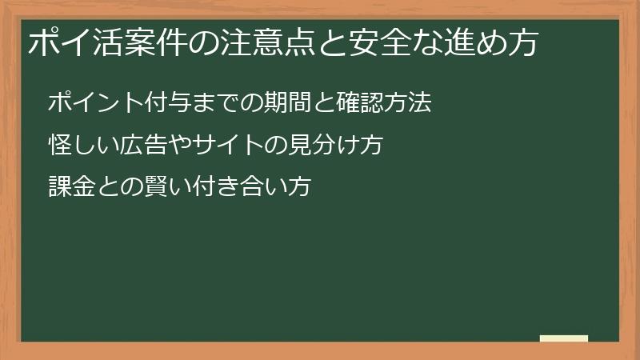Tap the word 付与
coord(145,103)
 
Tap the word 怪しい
coord(78,146)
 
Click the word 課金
coord(67,187)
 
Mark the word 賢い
coord(145,187)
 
